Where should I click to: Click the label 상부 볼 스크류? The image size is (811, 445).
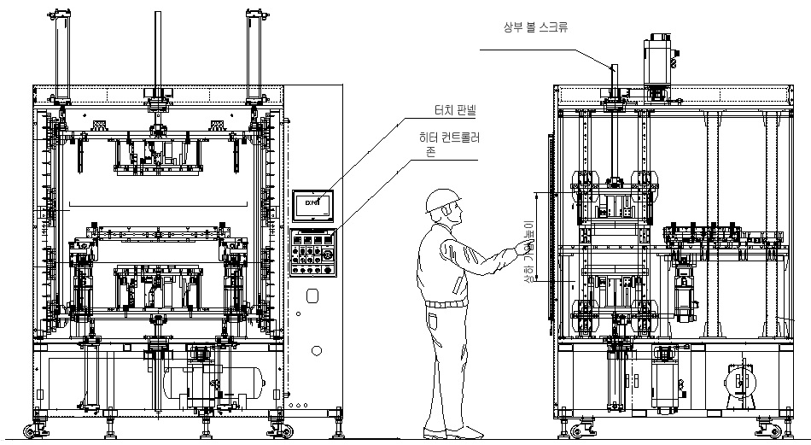[536, 27]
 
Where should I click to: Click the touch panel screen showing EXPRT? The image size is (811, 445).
[312, 203]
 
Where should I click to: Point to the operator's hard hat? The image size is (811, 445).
[441, 201]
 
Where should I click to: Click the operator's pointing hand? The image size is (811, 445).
[522, 249]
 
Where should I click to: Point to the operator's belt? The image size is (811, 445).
[446, 302]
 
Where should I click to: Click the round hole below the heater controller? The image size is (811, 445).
[317, 350]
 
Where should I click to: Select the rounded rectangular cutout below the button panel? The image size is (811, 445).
[312, 296]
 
